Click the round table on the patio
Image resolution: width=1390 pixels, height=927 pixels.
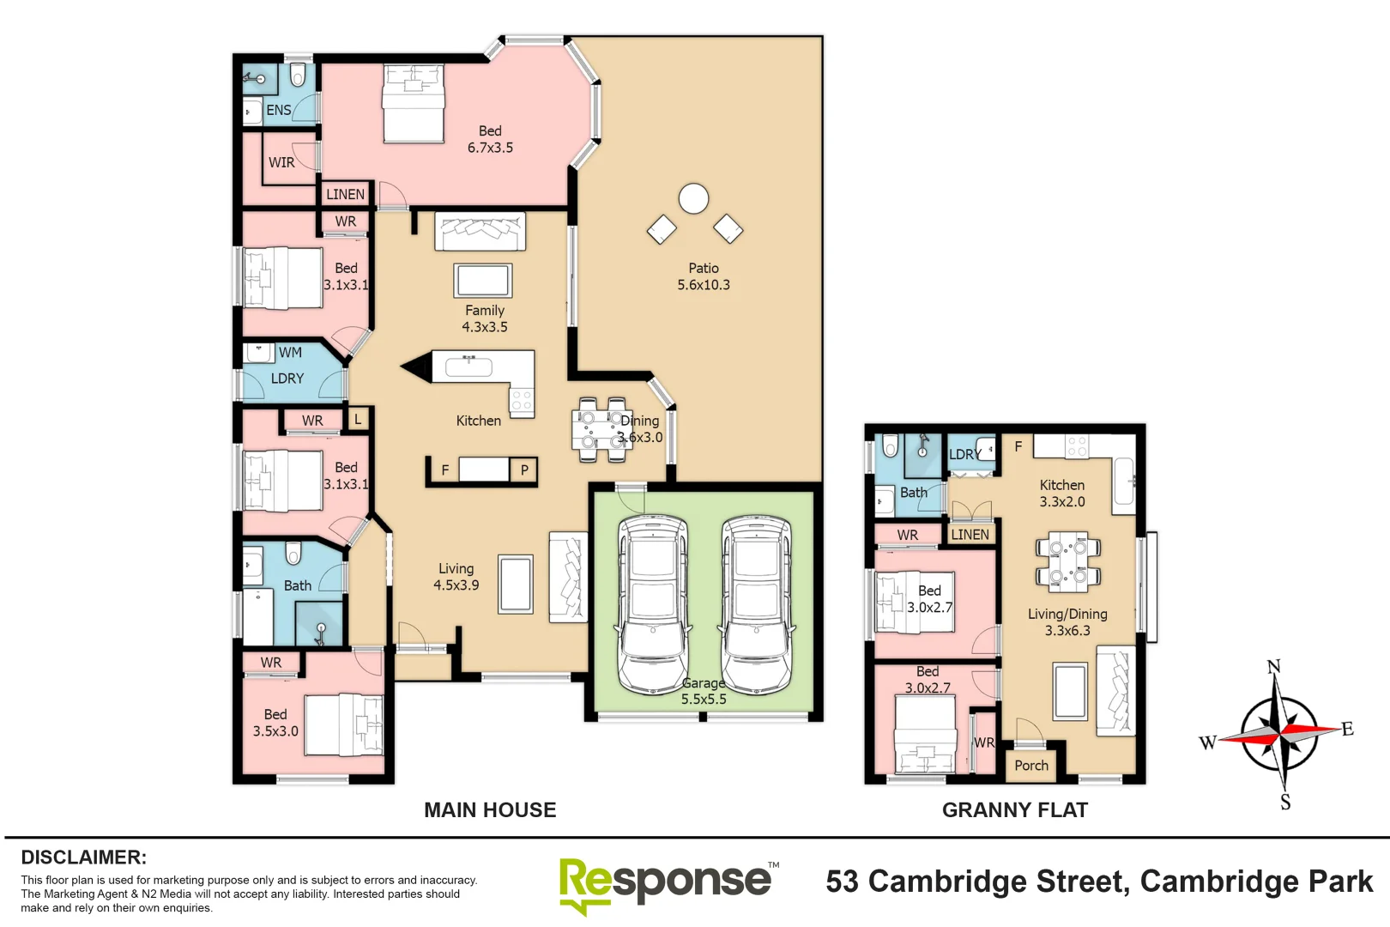[x=693, y=199]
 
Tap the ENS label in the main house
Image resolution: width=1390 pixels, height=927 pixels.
[x=278, y=110]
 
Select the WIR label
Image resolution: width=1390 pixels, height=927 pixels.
[x=281, y=162]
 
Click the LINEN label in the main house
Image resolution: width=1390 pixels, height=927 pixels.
[x=345, y=194]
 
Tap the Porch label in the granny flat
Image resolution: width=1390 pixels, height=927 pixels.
[x=1031, y=766]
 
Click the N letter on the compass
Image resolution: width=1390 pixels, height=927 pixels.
[x=1273, y=667]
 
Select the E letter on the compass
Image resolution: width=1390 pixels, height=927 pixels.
[x=1348, y=729]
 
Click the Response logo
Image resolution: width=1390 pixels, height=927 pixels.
[x=665, y=883]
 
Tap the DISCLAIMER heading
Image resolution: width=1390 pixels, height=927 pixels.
[x=83, y=857]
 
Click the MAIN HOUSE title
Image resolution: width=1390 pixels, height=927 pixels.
[x=490, y=809]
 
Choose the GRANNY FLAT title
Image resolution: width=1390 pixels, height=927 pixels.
[x=1014, y=809]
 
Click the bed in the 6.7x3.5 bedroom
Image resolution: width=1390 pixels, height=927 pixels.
[x=414, y=103]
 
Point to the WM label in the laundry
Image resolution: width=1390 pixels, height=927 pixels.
[x=290, y=352]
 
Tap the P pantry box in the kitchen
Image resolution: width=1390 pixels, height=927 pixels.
[x=523, y=470]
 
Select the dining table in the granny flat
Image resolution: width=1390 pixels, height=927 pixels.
[x=1067, y=561]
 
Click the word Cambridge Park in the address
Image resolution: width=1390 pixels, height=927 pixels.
[x=1256, y=882]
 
